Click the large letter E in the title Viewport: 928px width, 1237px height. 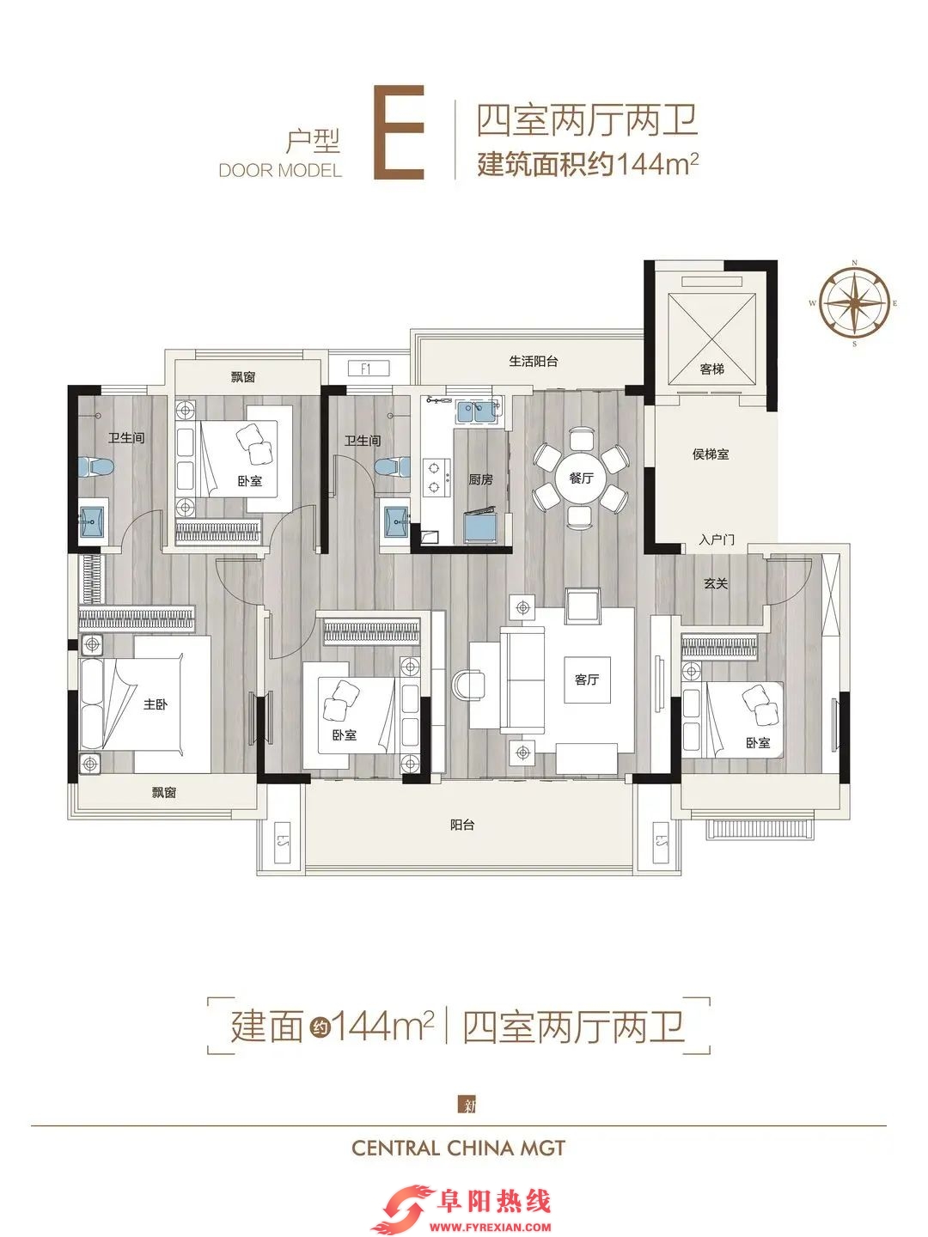[399, 132]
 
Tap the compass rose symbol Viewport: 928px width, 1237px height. [854, 303]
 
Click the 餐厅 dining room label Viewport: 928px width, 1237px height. [582, 478]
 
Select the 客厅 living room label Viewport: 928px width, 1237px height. [587, 679]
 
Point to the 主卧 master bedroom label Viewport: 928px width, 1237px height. [155, 704]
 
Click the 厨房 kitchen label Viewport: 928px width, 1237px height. [480, 479]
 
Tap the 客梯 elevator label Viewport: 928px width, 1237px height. [711, 369]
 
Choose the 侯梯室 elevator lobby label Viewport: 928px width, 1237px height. [711, 454]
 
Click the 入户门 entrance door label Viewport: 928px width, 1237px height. [717, 539]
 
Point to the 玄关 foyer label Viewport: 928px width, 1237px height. [716, 583]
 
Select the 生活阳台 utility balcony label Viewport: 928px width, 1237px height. [534, 362]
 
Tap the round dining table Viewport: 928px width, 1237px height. [581, 478]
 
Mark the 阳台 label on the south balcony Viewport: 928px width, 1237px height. [462, 825]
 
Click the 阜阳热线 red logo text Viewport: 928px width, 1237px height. [495, 1201]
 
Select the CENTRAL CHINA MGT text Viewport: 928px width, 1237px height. [458, 1148]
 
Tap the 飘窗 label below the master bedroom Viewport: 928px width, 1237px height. [164, 792]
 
